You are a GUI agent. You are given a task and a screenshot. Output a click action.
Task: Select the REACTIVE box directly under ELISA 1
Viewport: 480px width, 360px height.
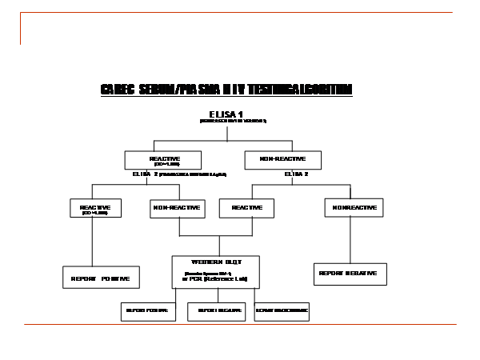pos(164,159)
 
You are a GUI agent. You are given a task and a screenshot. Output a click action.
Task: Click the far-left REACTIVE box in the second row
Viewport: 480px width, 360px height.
pos(95,208)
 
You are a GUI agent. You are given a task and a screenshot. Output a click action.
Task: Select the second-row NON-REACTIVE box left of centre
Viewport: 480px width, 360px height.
pos(177,208)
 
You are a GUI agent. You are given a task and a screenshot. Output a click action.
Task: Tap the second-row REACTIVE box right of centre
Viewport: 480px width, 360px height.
pos(247,208)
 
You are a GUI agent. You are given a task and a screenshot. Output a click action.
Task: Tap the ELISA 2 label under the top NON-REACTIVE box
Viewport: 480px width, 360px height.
pos(296,173)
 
